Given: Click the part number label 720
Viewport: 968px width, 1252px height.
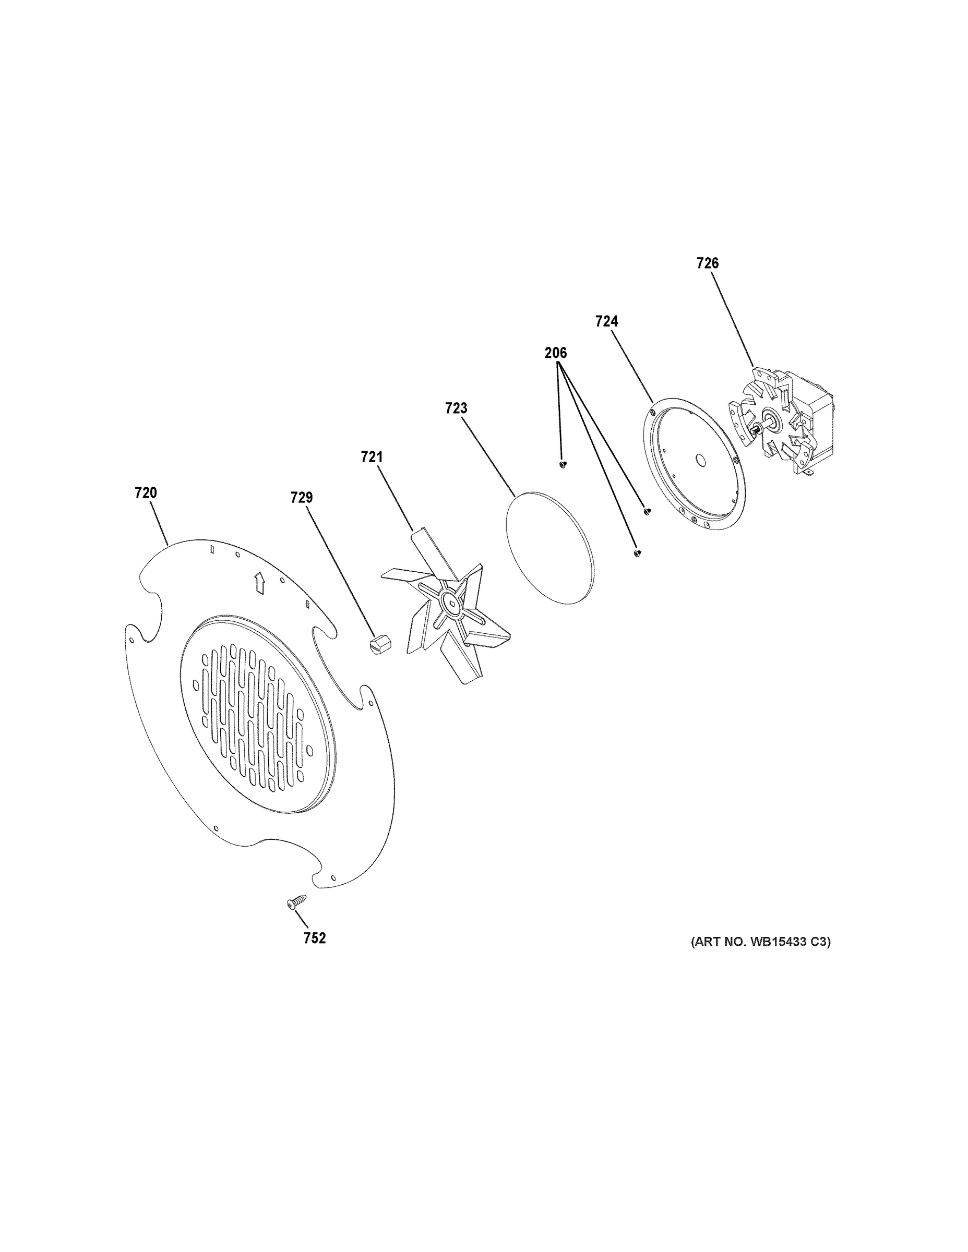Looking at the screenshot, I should pos(146,492).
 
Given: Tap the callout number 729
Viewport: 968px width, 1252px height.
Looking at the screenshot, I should pos(302,498).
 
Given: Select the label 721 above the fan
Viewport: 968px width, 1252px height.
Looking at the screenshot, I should pos(372,457).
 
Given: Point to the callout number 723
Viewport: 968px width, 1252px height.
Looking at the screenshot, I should pos(456,408).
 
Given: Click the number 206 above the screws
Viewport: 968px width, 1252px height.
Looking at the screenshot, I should pos(555,353).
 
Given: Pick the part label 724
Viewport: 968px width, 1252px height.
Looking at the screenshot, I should pos(606,321).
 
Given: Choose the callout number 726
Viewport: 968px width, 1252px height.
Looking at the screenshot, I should pos(707,263).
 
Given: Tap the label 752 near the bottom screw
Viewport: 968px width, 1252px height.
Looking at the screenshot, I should pos(315,938).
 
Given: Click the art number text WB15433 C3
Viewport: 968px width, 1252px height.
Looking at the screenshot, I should pos(760,941).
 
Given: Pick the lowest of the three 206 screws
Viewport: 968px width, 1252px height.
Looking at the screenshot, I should pos(637,552).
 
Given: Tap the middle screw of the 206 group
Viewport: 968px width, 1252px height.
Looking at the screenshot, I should pos(648,510).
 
